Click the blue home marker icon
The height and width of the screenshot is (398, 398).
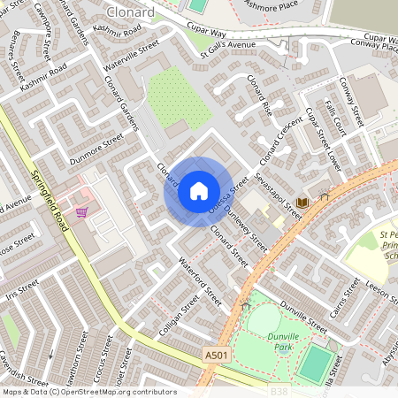[199, 191]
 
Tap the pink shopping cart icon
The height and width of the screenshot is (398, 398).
[81, 211]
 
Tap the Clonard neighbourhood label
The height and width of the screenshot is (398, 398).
[130, 12]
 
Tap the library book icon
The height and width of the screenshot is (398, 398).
[303, 203]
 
